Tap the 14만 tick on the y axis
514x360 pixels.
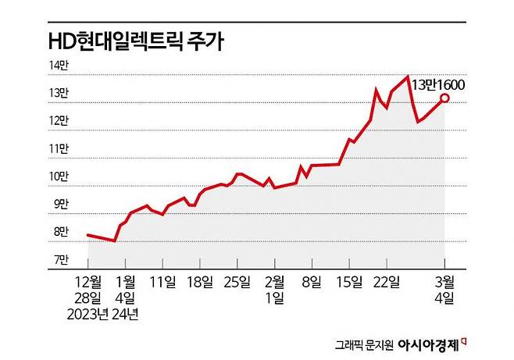[60, 66]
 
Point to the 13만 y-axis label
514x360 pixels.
[60, 94]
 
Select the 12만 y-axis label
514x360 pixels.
[60, 121]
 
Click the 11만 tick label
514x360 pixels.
[60, 148]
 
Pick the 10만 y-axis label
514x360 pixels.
[60, 176]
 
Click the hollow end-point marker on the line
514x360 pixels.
[444, 98]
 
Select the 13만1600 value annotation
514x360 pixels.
[439, 84]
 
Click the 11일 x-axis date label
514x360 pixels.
[162, 281]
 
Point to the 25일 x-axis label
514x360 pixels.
[239, 281]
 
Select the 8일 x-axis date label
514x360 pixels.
[313, 281]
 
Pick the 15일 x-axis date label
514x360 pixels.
[351, 281]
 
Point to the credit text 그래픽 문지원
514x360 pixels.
[364, 343]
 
